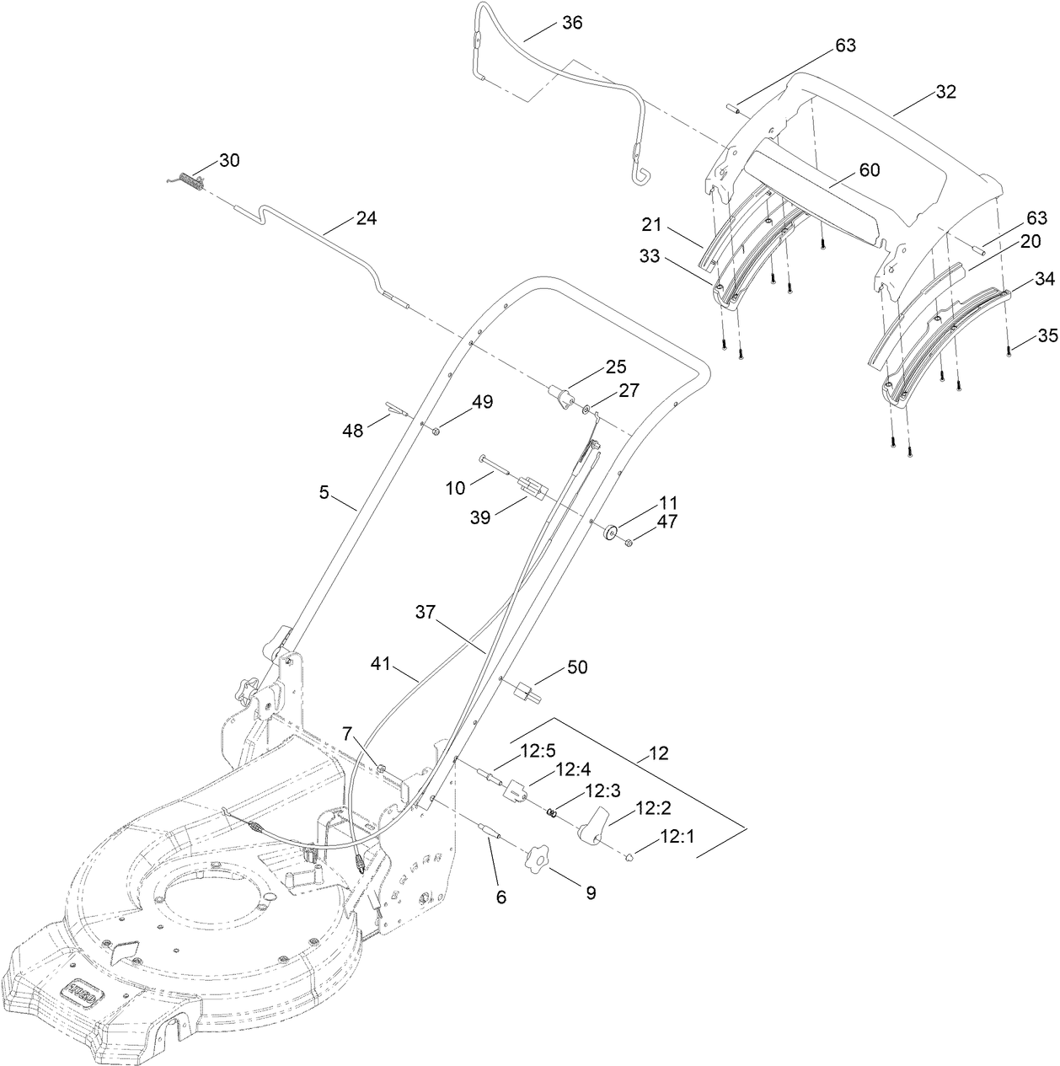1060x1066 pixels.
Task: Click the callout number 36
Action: tap(571, 23)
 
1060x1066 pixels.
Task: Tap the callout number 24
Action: tap(366, 218)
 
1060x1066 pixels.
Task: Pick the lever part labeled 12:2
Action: tap(592, 822)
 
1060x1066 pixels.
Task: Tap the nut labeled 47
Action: tap(629, 542)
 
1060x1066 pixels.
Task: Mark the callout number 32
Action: tap(945, 92)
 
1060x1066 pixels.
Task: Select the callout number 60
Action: tap(869, 169)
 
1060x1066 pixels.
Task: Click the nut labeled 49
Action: tap(436, 431)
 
